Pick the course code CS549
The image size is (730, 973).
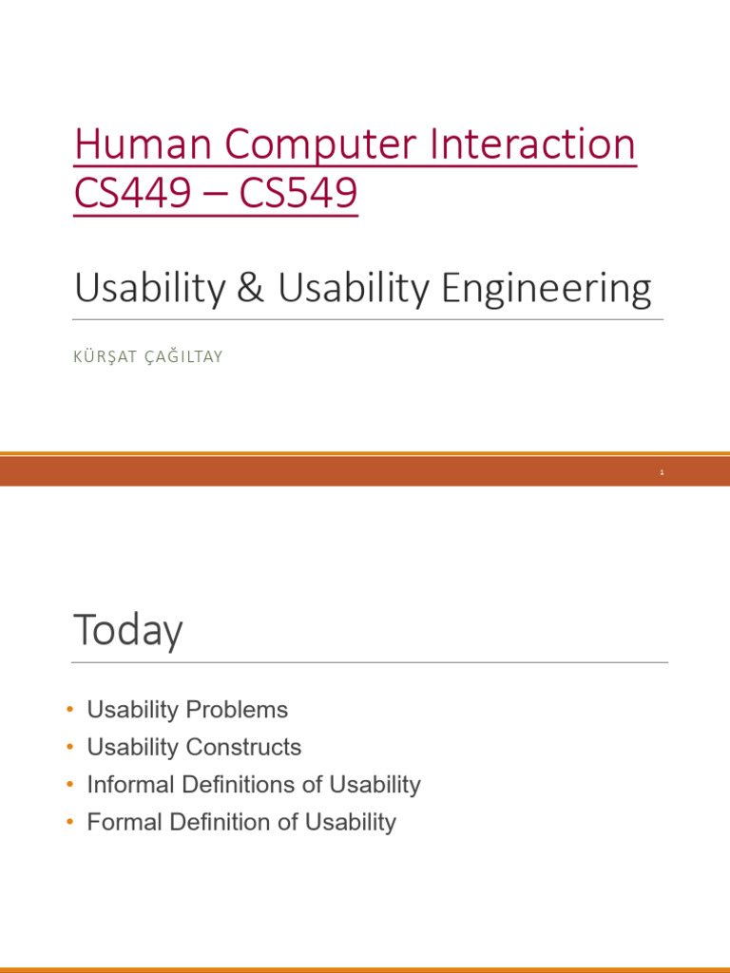pos(298,194)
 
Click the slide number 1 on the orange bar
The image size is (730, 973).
pos(661,472)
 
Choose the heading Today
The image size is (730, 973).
pos(127,632)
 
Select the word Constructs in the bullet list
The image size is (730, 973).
pos(243,748)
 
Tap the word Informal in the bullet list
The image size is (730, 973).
pos(128,785)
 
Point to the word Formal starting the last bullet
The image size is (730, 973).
pos(124,823)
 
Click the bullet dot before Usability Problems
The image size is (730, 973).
pos(70,710)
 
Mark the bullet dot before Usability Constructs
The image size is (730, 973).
pos(70,748)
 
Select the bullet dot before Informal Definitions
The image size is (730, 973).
pos(70,785)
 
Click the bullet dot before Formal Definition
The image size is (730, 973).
pos(70,823)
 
